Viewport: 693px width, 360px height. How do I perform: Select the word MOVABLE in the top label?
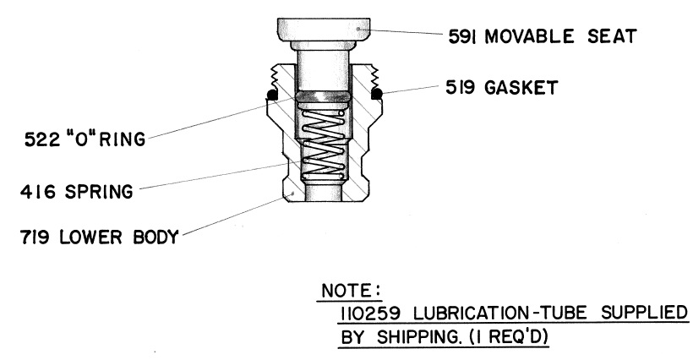pyautogui.click(x=527, y=37)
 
